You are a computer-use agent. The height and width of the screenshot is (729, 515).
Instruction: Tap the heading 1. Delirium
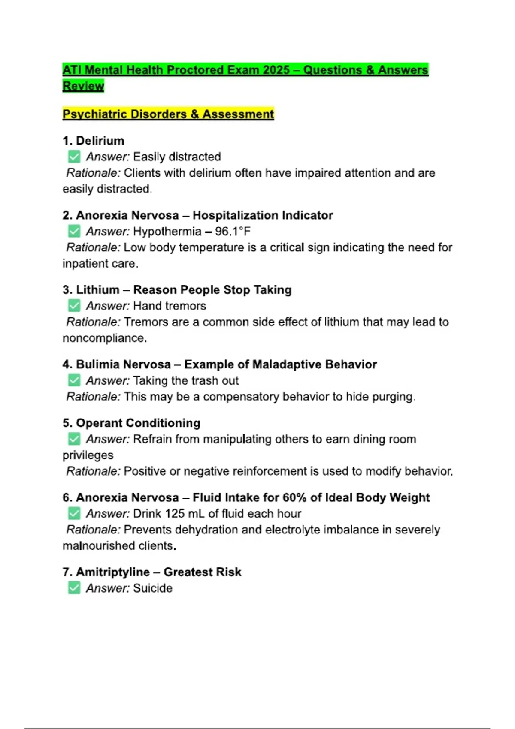(93, 141)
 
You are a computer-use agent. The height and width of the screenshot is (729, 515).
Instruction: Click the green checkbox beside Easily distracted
(74, 157)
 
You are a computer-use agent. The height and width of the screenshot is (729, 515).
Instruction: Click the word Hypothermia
(167, 232)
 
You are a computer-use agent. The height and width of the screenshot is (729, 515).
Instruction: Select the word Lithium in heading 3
(97, 290)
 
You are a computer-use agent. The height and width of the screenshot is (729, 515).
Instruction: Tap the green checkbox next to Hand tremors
(74, 306)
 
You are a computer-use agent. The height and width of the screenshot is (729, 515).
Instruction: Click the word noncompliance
(104, 338)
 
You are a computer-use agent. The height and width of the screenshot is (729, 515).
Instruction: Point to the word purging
(393, 397)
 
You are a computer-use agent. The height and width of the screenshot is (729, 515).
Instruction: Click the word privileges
(88, 455)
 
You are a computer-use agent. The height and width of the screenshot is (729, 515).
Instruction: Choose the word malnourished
(93, 546)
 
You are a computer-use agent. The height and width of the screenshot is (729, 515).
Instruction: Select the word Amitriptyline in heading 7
(113, 572)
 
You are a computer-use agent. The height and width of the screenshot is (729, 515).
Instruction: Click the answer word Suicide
(153, 588)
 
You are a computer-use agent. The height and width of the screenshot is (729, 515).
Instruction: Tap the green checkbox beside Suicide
(74, 588)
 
